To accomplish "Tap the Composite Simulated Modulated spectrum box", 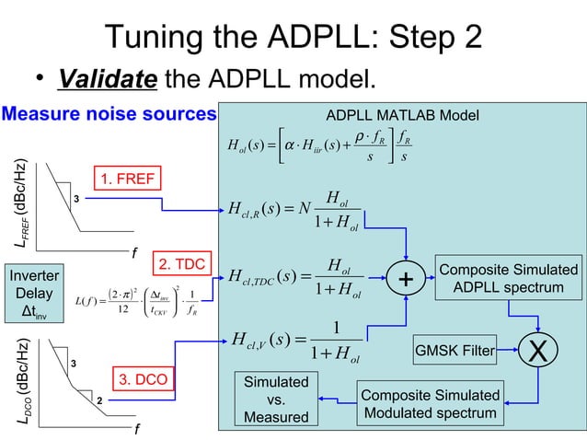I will [431, 404].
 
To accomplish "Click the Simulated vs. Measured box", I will [274, 400].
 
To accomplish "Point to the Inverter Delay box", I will [34, 295].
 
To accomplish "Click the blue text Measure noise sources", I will [109, 114].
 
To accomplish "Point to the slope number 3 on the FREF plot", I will [76, 199].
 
